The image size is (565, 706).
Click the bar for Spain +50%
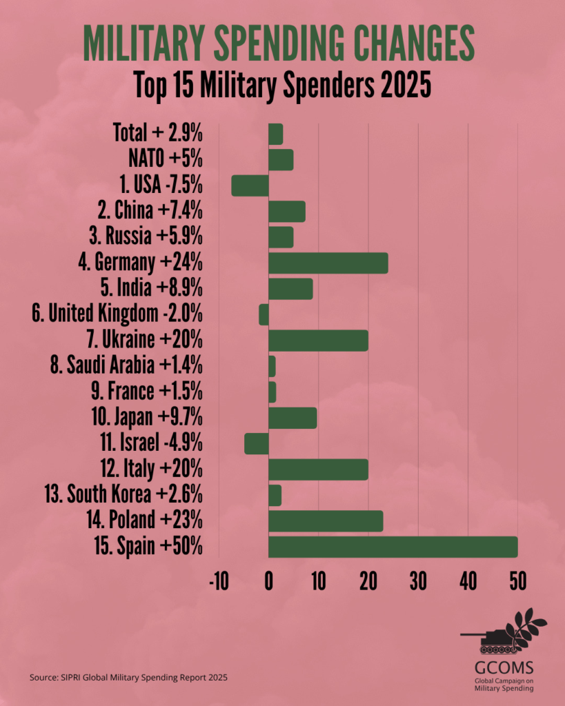393,547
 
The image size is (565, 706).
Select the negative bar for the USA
250,185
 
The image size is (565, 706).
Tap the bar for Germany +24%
328,263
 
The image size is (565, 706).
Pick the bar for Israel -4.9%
256,443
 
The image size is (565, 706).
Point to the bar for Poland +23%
326,521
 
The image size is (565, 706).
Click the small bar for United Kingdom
264,314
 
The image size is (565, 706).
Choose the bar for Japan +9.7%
293,418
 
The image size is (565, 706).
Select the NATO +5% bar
281,160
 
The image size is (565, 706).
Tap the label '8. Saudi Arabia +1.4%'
130,365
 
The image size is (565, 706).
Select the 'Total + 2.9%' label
157,133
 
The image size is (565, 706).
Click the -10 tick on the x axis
218,581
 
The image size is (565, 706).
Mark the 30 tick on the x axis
418,581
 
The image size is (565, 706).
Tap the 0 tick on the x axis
268,581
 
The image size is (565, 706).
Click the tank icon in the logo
487,641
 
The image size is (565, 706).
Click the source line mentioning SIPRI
128,678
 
